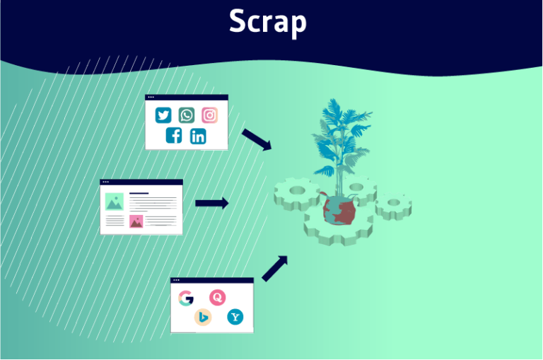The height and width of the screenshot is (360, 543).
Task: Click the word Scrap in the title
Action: (x=267, y=23)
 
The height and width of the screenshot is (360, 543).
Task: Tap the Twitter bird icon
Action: (x=164, y=115)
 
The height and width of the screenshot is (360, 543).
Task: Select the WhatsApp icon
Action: (x=187, y=115)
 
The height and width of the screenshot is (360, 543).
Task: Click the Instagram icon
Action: (x=209, y=115)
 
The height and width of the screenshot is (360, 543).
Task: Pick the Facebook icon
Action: (x=174, y=136)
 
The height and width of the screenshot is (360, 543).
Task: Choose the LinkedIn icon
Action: (x=198, y=136)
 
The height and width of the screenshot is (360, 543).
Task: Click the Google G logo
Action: (x=186, y=298)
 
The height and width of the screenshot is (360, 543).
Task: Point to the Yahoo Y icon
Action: (x=235, y=318)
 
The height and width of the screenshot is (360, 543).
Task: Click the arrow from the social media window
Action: (x=257, y=139)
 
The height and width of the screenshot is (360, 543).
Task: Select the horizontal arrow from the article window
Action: (x=211, y=204)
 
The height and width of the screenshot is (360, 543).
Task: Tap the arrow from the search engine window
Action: (x=275, y=268)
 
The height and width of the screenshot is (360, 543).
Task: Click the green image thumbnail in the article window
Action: (x=115, y=201)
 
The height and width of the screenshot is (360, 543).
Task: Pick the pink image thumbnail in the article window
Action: (x=136, y=222)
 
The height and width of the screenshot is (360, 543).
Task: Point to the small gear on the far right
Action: (x=393, y=207)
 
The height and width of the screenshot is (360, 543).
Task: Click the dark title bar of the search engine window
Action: (x=212, y=281)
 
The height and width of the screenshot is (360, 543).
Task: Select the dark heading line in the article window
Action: (x=139, y=192)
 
